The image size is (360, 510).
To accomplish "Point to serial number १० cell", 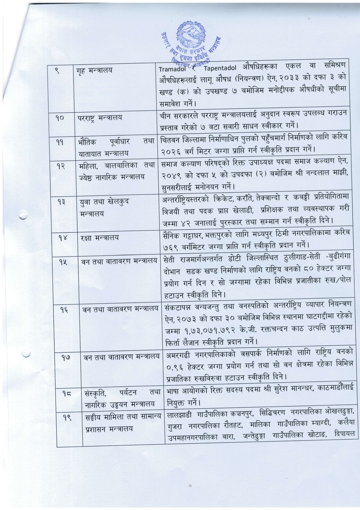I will (x=61, y=118).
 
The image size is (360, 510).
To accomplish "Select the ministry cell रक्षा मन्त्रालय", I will (x=99, y=238).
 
